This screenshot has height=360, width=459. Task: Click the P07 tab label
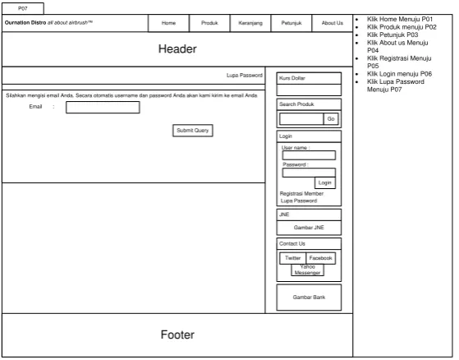[23, 8]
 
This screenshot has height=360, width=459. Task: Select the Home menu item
[168, 23]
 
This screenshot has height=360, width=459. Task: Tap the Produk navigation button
[209, 23]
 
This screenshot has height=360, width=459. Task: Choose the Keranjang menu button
[250, 23]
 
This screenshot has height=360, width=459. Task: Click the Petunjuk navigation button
[291, 23]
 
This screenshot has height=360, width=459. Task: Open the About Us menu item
[333, 23]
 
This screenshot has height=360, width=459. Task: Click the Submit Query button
[193, 131]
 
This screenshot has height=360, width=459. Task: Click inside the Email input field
[103, 107]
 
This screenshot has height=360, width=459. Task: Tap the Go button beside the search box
[331, 119]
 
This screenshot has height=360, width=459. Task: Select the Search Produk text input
[301, 119]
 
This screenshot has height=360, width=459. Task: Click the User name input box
[309, 155]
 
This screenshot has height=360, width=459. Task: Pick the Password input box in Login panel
[309, 173]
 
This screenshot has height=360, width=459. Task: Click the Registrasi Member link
[301, 194]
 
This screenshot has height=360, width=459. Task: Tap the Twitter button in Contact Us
[293, 258]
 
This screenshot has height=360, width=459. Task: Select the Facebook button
[321, 258]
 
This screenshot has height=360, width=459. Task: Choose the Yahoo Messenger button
[307, 270]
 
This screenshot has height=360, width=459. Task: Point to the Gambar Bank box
[309, 298]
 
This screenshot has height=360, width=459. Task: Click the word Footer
[177, 335]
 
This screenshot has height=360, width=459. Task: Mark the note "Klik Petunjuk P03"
[392, 35]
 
